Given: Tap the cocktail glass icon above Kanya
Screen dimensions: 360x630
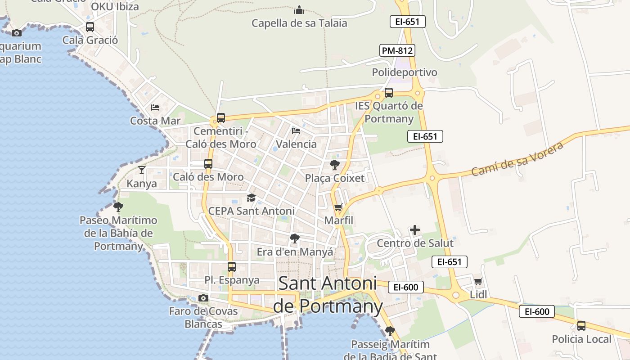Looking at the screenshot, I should (x=142, y=170).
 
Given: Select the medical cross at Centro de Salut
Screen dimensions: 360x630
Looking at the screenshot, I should (x=415, y=230).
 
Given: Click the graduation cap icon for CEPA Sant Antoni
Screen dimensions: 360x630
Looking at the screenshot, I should (x=251, y=198).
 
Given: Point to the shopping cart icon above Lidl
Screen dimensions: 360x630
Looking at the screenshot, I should (x=478, y=281).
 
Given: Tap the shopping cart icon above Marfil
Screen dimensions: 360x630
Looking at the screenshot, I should (x=338, y=207).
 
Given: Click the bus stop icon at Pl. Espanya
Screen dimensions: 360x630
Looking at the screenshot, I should (x=232, y=266).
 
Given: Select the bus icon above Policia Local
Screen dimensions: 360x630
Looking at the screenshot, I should (x=581, y=325).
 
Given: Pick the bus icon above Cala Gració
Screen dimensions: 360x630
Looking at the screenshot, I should (x=90, y=27).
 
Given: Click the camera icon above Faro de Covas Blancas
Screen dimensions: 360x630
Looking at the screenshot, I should (x=203, y=298).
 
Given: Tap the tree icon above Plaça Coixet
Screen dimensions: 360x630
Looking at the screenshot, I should (x=334, y=165).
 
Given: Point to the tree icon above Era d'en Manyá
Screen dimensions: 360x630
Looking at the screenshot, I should (x=295, y=238).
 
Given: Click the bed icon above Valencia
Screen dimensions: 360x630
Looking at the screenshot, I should (x=296, y=131).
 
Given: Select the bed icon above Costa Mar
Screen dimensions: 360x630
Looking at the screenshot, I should (x=155, y=107).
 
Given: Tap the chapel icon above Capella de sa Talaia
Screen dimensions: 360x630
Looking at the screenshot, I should (x=299, y=10).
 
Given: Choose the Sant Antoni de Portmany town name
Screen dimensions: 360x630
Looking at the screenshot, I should (x=328, y=295).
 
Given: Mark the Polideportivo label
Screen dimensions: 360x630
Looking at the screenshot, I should (x=405, y=72).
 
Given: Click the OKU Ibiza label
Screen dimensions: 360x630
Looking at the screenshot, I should (x=115, y=7).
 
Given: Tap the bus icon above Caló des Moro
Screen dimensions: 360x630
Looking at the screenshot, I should (x=208, y=164).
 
